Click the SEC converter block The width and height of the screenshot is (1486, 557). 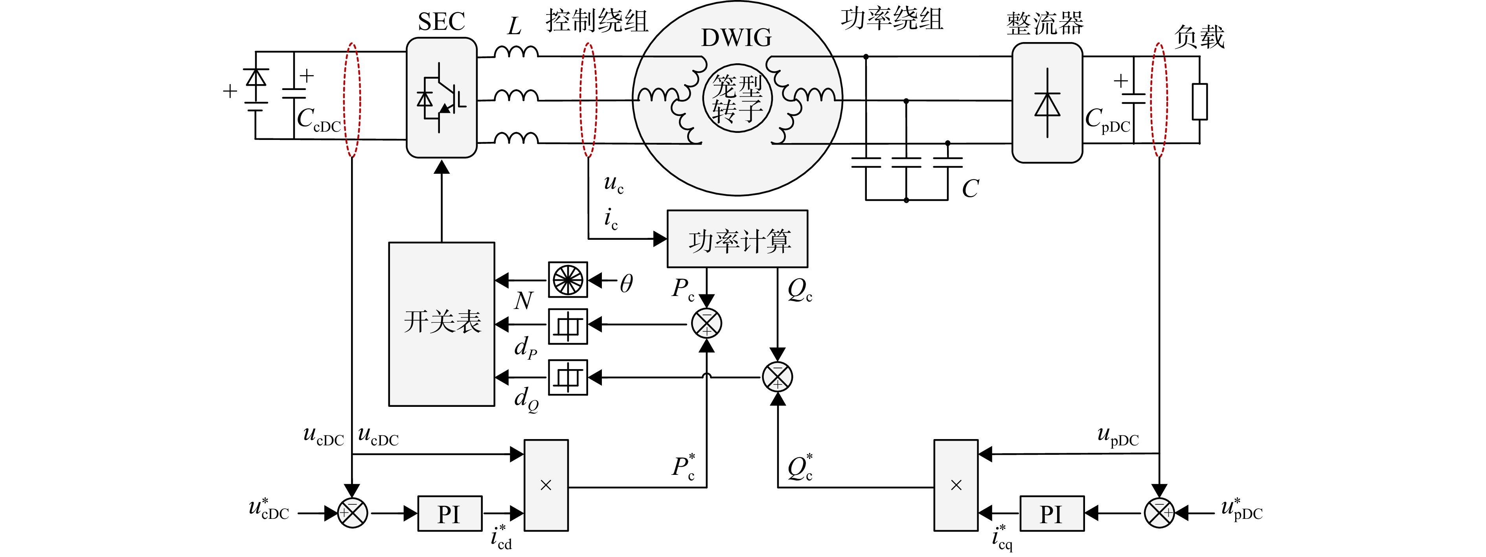click(x=441, y=97)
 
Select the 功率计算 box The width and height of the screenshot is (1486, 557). click(x=737, y=239)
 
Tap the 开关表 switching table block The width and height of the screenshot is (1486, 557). click(x=441, y=324)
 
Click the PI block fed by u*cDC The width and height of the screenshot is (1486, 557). click(x=449, y=513)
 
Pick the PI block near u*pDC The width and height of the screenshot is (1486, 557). click(x=1052, y=513)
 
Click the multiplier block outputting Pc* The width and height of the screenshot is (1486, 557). click(x=546, y=485)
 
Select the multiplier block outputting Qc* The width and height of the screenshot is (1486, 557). click(x=956, y=485)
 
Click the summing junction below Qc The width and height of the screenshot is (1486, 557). click(x=778, y=377)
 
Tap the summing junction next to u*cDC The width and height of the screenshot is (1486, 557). click(x=352, y=513)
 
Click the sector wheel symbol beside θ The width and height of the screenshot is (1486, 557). click(x=568, y=280)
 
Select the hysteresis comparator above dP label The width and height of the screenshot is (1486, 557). click(x=568, y=326)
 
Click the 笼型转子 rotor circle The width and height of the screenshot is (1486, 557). click(x=737, y=98)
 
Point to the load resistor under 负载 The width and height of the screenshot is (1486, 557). click(x=1200, y=101)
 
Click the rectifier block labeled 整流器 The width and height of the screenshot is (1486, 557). click(x=1047, y=103)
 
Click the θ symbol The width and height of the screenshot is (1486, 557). click(x=627, y=283)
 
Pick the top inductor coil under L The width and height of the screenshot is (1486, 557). click(x=516, y=52)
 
